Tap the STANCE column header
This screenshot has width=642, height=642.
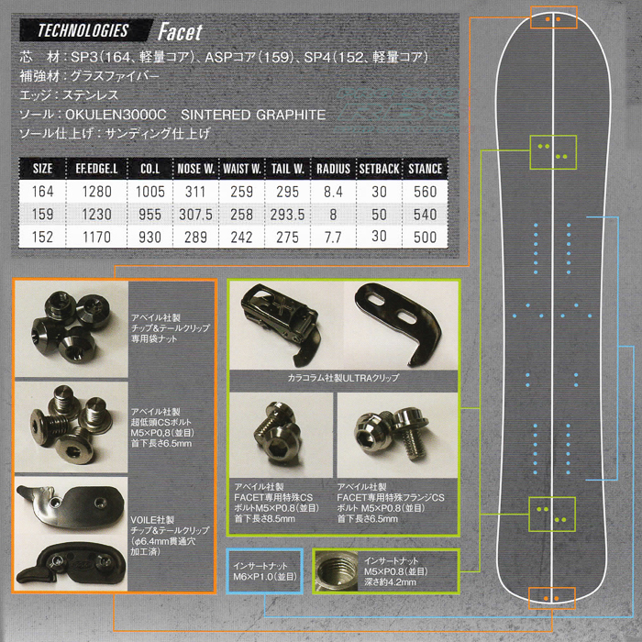coord(425,169)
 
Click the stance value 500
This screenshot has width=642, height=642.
coord(425,238)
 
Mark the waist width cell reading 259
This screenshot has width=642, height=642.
coord(242,193)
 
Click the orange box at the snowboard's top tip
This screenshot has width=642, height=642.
coord(553,18)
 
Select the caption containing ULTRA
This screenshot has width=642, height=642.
coord(344,377)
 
